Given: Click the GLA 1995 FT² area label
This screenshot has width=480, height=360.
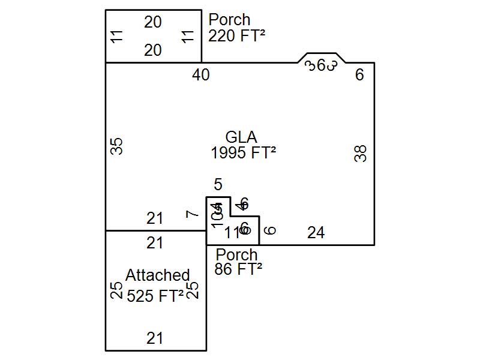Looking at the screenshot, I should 243,145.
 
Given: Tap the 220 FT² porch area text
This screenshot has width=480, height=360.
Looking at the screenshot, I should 236,36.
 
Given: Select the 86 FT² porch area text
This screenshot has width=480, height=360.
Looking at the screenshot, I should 238,269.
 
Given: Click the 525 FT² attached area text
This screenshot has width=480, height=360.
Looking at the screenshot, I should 155,296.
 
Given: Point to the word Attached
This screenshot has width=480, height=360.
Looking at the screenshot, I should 157,275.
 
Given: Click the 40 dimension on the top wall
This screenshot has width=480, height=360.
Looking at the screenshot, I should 201,75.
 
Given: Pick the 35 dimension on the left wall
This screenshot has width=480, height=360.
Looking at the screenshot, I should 118,146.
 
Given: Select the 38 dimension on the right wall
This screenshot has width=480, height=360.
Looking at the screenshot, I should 361,154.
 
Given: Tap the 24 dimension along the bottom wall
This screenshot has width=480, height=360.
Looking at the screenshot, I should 316,233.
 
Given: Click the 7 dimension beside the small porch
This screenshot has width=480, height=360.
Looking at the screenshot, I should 192,214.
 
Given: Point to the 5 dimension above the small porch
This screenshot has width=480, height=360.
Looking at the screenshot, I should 218,185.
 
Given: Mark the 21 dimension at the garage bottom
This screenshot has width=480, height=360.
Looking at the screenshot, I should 155,338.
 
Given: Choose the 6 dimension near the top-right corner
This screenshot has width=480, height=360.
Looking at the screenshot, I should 359,75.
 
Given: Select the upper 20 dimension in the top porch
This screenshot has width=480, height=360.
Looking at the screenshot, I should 153,22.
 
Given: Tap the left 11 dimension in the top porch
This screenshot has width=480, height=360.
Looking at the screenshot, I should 118,36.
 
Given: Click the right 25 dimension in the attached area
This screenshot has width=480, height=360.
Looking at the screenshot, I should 193,291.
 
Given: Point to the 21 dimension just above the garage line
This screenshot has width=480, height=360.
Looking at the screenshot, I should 155,218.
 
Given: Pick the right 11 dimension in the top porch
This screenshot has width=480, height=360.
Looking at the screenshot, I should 188,36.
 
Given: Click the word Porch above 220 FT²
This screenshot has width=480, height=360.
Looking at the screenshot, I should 229,20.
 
